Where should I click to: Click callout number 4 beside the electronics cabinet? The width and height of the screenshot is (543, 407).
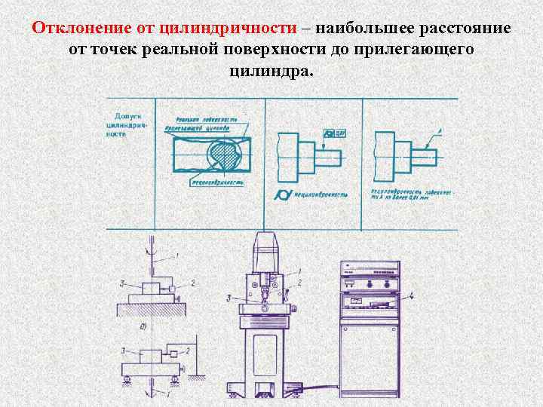pyautogui.click(x=412, y=296)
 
